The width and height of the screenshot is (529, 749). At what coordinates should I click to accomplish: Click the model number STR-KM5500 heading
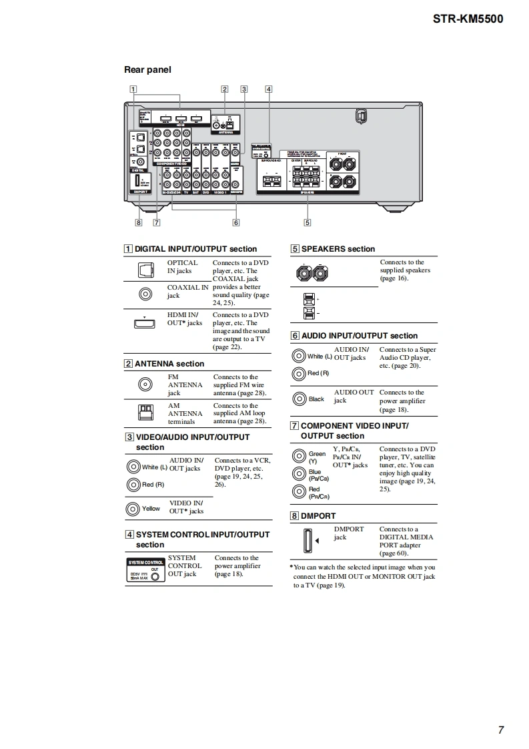(x=468, y=19)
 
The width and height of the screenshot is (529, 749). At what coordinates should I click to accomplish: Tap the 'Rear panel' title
(x=147, y=69)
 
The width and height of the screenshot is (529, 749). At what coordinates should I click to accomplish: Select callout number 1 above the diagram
(x=133, y=89)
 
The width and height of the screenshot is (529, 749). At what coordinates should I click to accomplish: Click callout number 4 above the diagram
(x=268, y=89)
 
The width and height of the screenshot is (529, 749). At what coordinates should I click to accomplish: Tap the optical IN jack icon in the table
(x=145, y=270)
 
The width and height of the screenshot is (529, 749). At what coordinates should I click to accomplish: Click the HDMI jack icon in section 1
(x=145, y=323)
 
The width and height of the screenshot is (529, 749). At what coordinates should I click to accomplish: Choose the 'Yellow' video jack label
(x=151, y=509)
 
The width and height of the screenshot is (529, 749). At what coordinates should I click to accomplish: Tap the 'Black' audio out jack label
(x=316, y=399)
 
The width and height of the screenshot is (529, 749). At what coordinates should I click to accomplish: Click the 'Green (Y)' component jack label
(x=317, y=457)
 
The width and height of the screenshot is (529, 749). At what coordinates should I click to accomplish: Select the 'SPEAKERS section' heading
(x=338, y=249)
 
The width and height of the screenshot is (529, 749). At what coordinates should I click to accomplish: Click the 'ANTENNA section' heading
(x=169, y=364)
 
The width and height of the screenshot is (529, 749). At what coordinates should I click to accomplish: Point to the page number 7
(x=500, y=730)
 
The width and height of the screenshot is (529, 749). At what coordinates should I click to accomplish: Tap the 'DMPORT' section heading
(x=318, y=516)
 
